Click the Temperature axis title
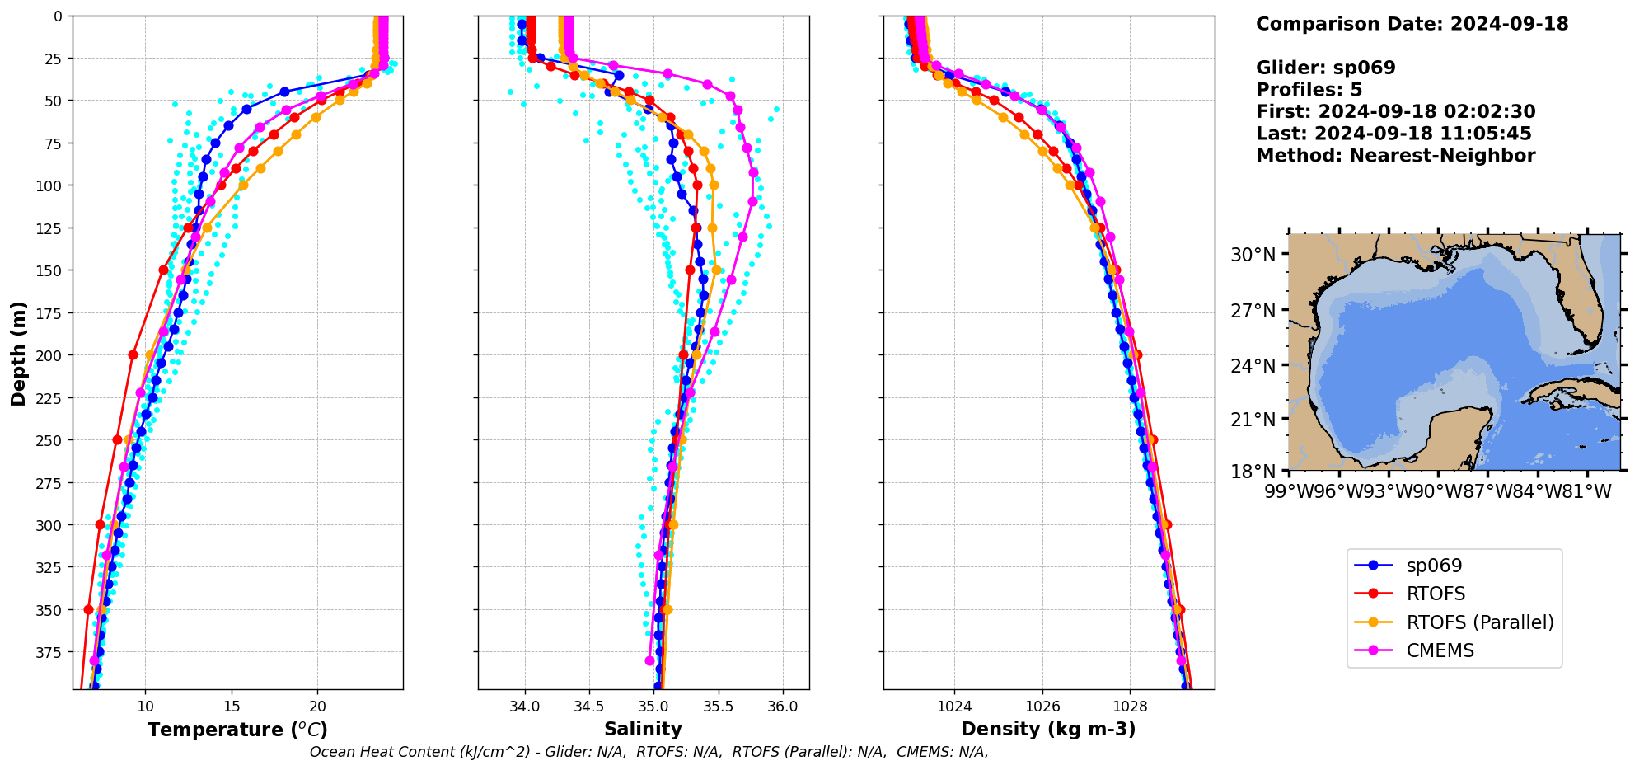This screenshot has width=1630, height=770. [237, 730]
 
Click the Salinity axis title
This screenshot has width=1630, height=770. [643, 729]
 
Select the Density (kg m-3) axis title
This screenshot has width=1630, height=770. [1048, 729]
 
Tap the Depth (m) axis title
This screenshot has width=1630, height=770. [18, 353]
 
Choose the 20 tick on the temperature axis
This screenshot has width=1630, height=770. [317, 707]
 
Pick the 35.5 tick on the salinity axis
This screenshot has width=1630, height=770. [718, 707]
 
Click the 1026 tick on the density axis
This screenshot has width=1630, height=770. [1042, 707]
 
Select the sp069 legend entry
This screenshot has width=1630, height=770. [1434, 566]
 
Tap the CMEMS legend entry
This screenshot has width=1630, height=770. [1440, 650]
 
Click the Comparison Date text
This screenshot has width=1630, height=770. [1412, 24]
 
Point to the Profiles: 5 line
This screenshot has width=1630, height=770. [1309, 90]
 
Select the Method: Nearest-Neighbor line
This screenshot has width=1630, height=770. [1395, 156]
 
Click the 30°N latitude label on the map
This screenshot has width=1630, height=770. [1253, 255]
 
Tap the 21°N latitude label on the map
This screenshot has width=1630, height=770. [1253, 420]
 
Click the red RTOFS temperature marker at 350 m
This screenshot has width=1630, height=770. [88, 609]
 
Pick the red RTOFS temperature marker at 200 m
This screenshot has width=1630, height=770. [133, 354]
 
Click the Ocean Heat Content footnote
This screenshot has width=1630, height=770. [649, 752]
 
